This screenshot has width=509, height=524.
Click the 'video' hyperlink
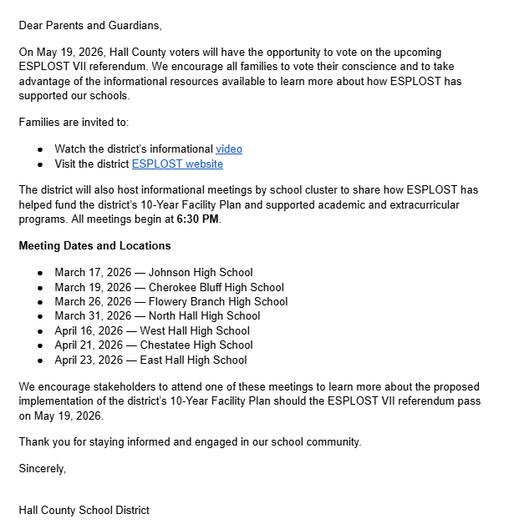[x=229, y=149]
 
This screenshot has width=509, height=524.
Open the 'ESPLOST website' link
[x=177, y=164]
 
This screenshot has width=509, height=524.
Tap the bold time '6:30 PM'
[x=197, y=219]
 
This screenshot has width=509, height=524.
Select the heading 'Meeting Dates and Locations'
[x=94, y=246]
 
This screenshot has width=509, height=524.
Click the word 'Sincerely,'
[x=43, y=469]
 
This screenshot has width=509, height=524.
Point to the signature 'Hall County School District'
[x=84, y=510]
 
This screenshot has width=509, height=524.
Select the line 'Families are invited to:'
[x=74, y=123]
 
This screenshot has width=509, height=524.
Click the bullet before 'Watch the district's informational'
[x=40, y=149]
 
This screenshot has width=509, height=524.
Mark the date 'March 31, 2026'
[x=90, y=316]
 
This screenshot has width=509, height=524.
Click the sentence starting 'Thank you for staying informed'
[x=190, y=442]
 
